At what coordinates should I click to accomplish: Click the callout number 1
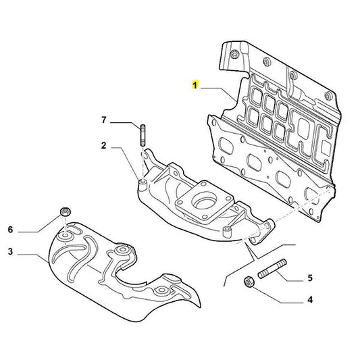tap(195, 86)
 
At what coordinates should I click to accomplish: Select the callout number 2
tap(104, 145)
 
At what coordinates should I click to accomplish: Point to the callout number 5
tap(310, 277)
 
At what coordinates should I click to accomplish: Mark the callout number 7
tap(104, 121)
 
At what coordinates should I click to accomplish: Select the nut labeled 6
tap(65, 211)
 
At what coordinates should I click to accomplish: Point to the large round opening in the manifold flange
tap(202, 200)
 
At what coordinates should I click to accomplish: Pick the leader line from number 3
tap(30, 254)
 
